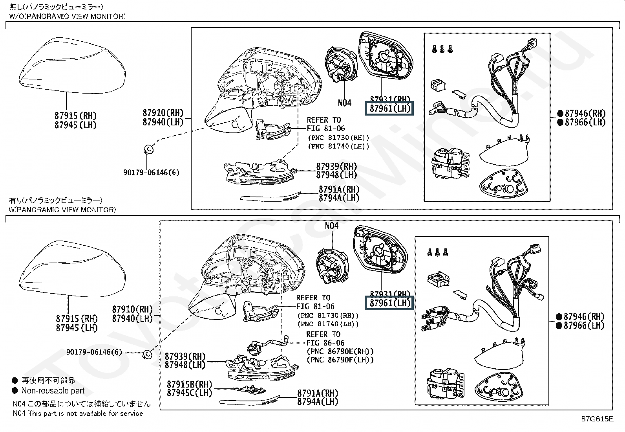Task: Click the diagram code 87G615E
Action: (x=597, y=419)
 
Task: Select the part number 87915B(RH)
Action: (x=189, y=384)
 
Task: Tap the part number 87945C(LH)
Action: (x=189, y=393)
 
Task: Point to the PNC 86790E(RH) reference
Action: (x=340, y=351)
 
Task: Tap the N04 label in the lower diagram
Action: (x=331, y=226)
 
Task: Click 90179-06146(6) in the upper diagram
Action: (x=151, y=173)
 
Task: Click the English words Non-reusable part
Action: (x=53, y=391)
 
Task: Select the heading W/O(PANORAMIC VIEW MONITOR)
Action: (x=67, y=16)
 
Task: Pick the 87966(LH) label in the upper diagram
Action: (x=585, y=122)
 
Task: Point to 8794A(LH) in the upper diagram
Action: (x=339, y=198)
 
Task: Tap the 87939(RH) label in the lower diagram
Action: (x=185, y=357)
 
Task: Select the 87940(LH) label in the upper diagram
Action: (x=163, y=122)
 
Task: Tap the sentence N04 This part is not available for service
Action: (x=78, y=414)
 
